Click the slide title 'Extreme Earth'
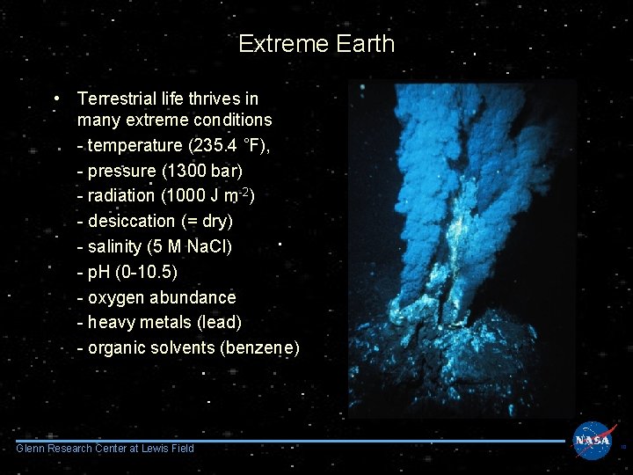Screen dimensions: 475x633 316,44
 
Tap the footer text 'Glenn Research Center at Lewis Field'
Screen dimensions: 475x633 105,449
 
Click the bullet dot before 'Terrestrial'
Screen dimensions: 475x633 56,99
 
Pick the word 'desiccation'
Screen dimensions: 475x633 132,221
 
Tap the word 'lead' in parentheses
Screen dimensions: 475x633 216,322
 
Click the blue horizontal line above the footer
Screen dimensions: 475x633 290,442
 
